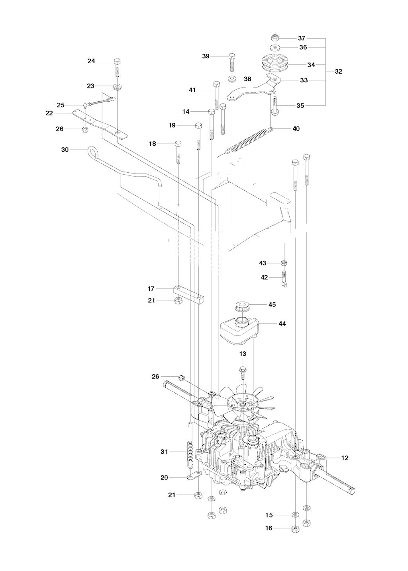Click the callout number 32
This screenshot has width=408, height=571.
(x=338, y=71)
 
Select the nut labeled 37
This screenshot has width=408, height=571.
(x=275, y=38)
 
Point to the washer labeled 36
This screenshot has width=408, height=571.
(x=275, y=47)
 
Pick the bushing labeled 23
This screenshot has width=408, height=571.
(x=117, y=86)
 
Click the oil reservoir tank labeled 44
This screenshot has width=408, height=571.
(x=239, y=332)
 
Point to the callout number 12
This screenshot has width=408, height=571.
(x=345, y=458)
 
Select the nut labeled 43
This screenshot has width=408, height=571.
(x=284, y=263)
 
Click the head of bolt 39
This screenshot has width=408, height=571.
(x=231, y=56)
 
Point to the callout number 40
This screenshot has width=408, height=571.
(x=296, y=129)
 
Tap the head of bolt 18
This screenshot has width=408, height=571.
(x=178, y=144)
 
